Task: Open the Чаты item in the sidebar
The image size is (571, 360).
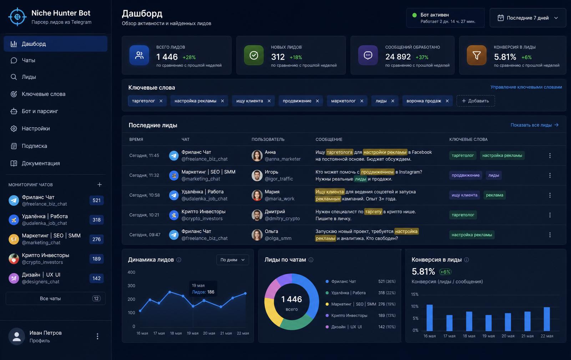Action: pyautogui.click(x=28, y=60)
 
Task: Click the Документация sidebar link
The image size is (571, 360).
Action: pyautogui.click(x=41, y=163)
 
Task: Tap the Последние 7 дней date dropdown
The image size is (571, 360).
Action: pyautogui.click(x=528, y=18)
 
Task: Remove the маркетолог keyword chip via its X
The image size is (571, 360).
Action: pyautogui.click(x=362, y=101)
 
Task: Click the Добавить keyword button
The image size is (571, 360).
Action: pyautogui.click(x=476, y=101)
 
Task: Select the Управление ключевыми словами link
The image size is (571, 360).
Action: pyautogui.click(x=526, y=87)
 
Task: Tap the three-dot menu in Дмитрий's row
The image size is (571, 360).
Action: pyautogui.click(x=550, y=215)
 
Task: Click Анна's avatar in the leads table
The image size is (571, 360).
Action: pyautogui.click(x=257, y=155)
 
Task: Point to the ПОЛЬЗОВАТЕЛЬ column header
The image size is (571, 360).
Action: pyautogui.click(x=268, y=139)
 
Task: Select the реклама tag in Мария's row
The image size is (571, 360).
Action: pyautogui.click(x=495, y=195)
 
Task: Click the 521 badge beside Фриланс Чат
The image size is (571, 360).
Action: pyautogui.click(x=96, y=200)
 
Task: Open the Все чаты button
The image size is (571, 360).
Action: pyautogui.click(x=56, y=299)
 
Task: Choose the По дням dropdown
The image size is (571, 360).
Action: pyautogui.click(x=232, y=260)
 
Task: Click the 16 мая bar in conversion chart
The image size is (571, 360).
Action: pyautogui.click(x=430, y=317)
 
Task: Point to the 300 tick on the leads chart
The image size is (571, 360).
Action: pyautogui.click(x=131, y=286)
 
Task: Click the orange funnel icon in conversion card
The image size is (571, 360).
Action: pyautogui.click(x=476, y=55)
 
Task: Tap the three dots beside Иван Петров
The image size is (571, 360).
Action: pyautogui.click(x=97, y=336)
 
